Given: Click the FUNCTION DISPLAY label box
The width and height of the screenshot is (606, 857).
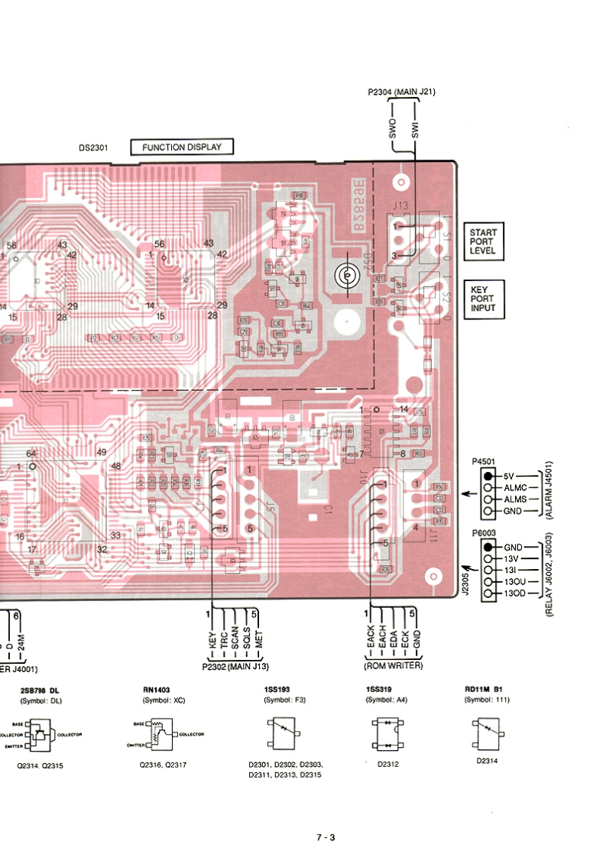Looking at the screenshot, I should (x=181, y=147).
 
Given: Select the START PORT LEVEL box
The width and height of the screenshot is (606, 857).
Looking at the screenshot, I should (x=483, y=241).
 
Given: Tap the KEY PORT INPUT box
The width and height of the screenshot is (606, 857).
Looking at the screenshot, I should (x=483, y=299).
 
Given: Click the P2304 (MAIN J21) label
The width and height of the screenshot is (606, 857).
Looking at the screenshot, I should (x=401, y=92).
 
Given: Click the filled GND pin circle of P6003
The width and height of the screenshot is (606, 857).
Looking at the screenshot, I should (x=487, y=548).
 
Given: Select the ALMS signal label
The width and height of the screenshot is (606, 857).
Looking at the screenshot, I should (x=516, y=499).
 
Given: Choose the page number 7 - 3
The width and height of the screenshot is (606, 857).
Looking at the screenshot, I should (x=326, y=837).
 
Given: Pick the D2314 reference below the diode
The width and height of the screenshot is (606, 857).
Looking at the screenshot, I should (x=484, y=761).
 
